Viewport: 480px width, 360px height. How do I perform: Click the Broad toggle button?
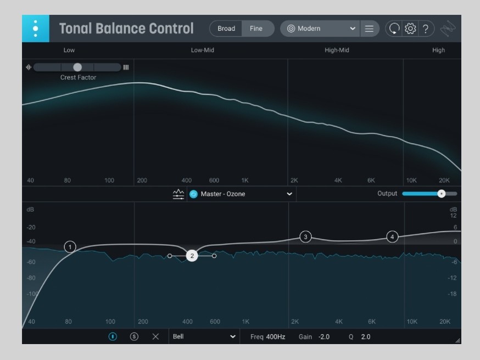(x=226, y=29)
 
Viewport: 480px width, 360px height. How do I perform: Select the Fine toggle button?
(x=256, y=29)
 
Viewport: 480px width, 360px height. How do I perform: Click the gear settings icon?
(x=410, y=29)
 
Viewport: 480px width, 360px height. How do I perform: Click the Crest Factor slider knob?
(x=77, y=67)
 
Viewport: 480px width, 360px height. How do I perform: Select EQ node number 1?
(x=70, y=247)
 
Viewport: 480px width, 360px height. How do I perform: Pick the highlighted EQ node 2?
(x=192, y=256)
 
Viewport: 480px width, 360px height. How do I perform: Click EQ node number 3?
(x=305, y=237)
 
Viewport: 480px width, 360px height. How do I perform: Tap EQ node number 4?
(x=392, y=237)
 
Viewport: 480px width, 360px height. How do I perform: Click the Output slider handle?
(x=441, y=194)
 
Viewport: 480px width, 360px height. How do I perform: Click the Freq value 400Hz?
(x=276, y=336)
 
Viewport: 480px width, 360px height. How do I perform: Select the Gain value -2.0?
(x=324, y=336)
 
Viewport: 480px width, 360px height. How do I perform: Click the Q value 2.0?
(x=366, y=336)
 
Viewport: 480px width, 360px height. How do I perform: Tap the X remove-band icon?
(x=155, y=336)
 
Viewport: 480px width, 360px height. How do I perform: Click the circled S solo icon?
(x=134, y=336)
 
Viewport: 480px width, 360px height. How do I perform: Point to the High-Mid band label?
(x=337, y=50)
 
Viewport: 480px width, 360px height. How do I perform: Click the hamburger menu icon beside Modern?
(x=369, y=29)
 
